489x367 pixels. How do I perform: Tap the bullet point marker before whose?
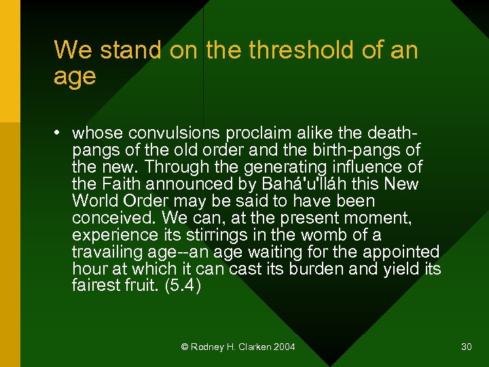[59, 132]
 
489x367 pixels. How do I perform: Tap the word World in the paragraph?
[96, 200]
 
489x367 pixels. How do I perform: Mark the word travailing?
[104, 251]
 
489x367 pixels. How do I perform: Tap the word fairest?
[94, 285]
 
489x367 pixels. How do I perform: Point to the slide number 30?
[466, 347]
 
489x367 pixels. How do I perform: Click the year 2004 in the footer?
[284, 347]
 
